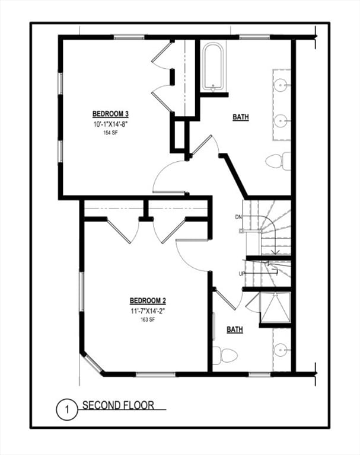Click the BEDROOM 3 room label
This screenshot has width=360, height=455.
[x=110, y=114]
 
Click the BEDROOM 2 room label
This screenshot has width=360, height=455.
[x=148, y=300]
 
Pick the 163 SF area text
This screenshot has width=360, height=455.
[x=148, y=319]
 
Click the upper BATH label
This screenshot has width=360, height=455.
[x=240, y=117]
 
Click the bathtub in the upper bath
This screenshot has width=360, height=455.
[x=212, y=66]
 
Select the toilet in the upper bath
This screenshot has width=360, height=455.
[x=278, y=161]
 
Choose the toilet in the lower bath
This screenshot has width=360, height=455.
[x=225, y=355]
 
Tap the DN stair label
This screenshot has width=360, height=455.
[x=238, y=217]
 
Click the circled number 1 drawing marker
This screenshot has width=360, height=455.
[x=67, y=409]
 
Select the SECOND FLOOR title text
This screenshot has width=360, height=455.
[x=118, y=406]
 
